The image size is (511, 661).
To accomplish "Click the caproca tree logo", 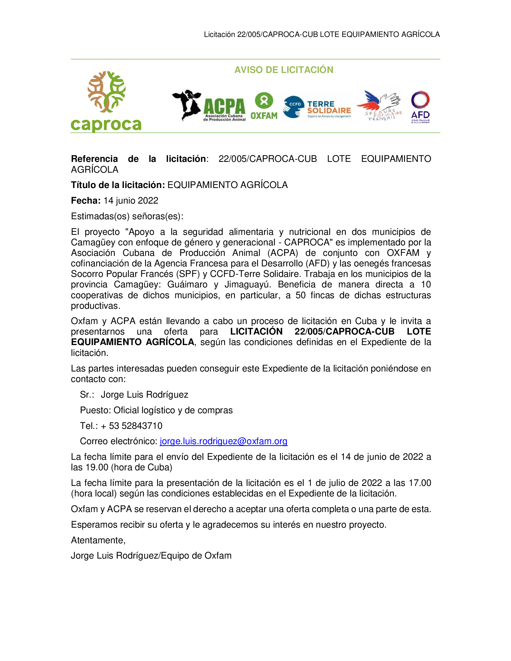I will pos(106,101).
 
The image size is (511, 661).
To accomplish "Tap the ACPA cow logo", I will pos(208,106).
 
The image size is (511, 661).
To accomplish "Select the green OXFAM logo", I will pos(264,106).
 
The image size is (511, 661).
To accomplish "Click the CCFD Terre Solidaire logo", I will pos(317,107).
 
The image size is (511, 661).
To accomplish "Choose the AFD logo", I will pos(420,107).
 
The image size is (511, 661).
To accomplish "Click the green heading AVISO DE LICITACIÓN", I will pos(284,70).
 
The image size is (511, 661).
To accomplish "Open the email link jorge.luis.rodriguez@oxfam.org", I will pos(224,441).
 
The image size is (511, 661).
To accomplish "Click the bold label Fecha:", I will pos(86,201).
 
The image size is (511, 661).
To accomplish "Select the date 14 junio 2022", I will pos(131,201).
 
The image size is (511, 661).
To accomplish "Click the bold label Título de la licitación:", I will pos(118,185).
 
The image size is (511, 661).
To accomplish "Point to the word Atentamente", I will pos(98,540).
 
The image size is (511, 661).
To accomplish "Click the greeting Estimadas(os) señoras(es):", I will pos(127,216).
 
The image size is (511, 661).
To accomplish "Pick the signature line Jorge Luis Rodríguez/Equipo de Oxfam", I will pos(151,555).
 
